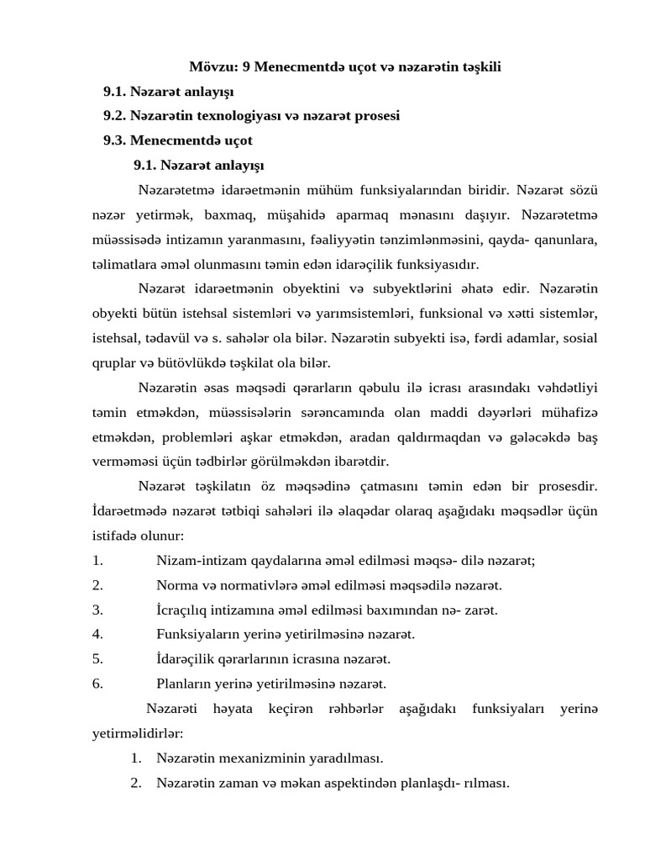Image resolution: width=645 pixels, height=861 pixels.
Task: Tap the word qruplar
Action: tap(115, 363)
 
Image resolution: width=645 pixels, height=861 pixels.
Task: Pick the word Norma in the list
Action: tap(175, 586)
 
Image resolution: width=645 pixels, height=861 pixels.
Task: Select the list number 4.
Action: tap(97, 635)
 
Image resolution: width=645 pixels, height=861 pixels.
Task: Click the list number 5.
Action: tap(97, 659)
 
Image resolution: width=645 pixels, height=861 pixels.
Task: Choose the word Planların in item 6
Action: tap(182, 684)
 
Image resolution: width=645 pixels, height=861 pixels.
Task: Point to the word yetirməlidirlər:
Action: tap(137, 733)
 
